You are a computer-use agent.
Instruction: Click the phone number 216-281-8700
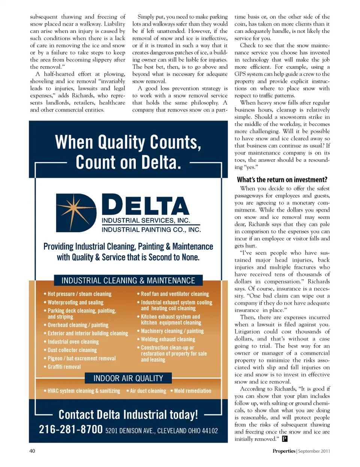[x=70, y=429]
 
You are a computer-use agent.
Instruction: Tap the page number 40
[x=32, y=451]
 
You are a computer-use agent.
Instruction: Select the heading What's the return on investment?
[x=282, y=180]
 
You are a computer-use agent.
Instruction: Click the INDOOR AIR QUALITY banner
[x=128, y=378]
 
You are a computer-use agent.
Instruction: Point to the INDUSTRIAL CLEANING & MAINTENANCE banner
[x=128, y=281]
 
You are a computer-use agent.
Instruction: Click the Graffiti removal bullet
[x=64, y=367]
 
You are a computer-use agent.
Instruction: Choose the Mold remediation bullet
[x=192, y=391]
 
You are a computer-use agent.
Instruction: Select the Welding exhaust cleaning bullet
[x=168, y=339]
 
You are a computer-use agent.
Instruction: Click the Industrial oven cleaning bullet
[x=73, y=342]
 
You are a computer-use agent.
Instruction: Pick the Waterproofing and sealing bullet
[x=75, y=302]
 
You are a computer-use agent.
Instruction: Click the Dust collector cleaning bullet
[x=72, y=350]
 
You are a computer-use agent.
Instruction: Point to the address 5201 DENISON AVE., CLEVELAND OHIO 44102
[x=161, y=431]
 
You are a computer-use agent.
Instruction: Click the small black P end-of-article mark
[x=285, y=439]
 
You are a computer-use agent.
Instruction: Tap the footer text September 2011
[x=314, y=451]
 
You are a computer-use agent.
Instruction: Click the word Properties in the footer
[x=284, y=451]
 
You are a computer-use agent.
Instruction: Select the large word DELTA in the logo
[x=145, y=205]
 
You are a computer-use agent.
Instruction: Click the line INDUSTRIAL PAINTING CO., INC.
[x=151, y=230]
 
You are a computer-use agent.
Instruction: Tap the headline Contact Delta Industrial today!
[x=128, y=414]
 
